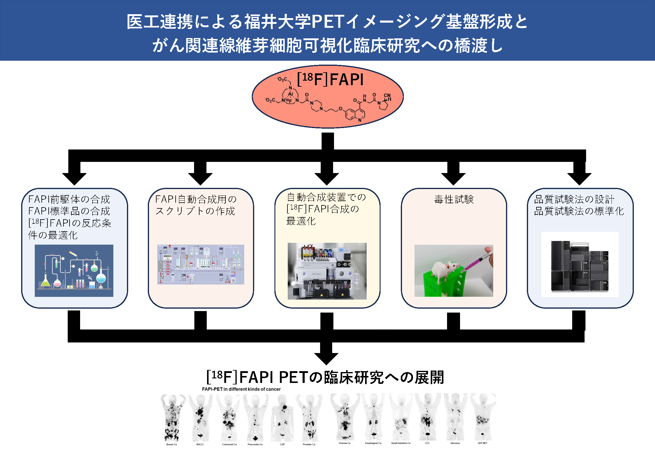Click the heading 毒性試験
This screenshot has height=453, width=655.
[454, 199]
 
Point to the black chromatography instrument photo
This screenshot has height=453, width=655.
[580, 266]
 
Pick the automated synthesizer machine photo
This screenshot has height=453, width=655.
[327, 271]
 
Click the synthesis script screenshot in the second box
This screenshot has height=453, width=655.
[201, 265]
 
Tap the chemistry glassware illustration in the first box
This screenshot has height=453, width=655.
[74, 271]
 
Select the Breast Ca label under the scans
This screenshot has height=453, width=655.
[171, 444]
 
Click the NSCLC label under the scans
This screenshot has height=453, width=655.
[200, 444]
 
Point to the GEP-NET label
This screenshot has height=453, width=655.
[482, 443]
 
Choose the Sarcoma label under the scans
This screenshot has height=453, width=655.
[455, 443]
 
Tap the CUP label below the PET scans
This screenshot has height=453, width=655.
[282, 444]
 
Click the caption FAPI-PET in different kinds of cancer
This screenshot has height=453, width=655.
[241, 389]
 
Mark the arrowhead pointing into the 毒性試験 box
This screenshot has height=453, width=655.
[453, 179]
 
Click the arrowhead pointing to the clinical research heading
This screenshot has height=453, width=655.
[326, 359]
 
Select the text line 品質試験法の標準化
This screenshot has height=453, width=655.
[579, 211]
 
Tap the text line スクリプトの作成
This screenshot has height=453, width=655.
[195, 211]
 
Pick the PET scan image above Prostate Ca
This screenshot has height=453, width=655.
[309, 418]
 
